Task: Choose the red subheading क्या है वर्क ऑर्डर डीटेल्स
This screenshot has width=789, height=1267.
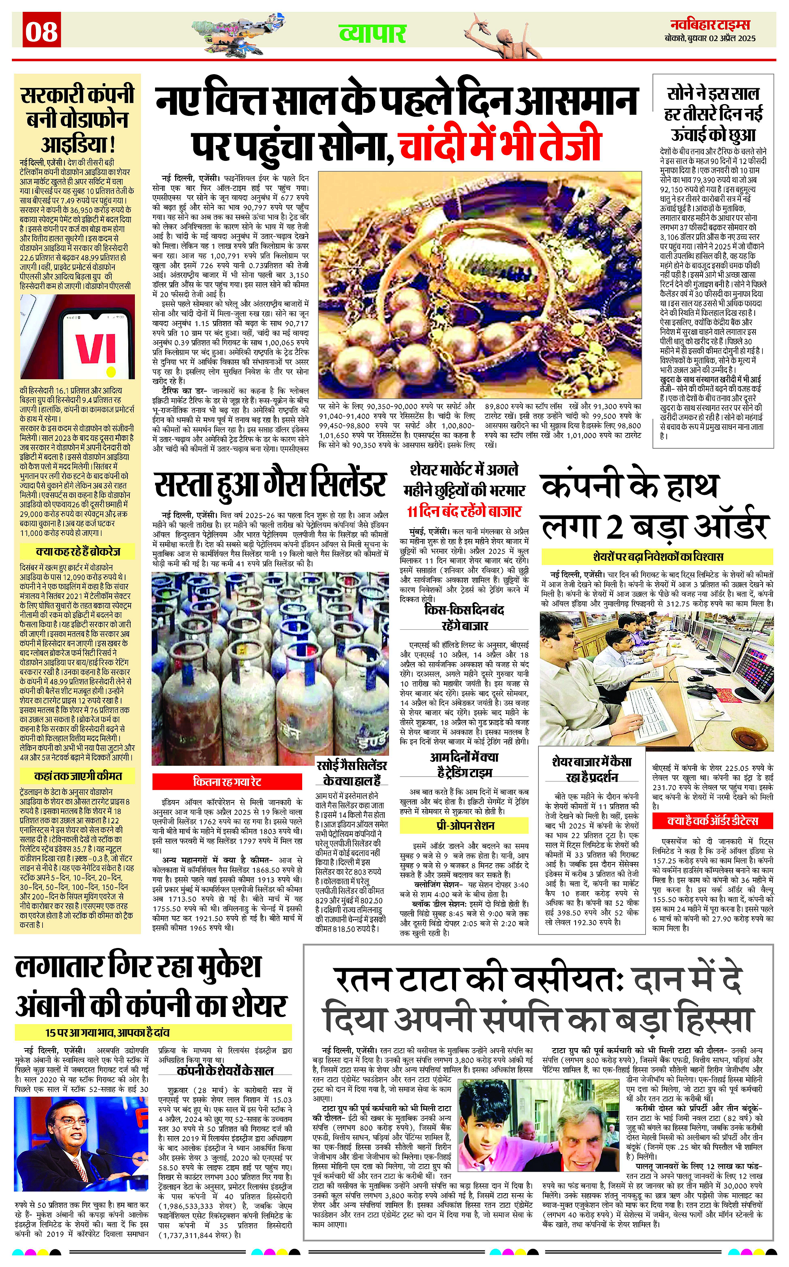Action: tap(712, 821)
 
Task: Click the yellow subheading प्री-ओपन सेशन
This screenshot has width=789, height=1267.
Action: tap(464, 826)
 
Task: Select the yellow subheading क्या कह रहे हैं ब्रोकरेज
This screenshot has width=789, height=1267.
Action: tap(78, 551)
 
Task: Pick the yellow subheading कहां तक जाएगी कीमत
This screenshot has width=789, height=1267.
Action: tap(78, 776)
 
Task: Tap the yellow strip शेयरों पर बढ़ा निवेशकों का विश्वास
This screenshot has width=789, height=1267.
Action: tap(658, 556)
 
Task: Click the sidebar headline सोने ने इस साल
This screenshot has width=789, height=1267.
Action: tap(712, 94)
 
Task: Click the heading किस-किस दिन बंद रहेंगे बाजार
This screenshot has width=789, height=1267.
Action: tap(464, 617)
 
